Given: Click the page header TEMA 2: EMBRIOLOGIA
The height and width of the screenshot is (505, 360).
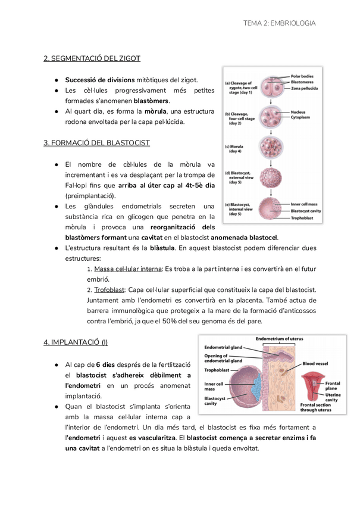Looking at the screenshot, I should [x=279, y=23].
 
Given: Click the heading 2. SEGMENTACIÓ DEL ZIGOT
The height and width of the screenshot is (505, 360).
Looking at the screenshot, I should [x=92, y=58].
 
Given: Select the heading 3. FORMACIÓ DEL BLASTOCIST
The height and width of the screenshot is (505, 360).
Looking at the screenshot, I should [x=96, y=143].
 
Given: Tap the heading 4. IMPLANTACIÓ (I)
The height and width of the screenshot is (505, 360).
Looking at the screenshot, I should [x=76, y=342].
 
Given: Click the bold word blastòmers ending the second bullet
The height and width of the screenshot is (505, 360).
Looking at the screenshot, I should [x=152, y=101].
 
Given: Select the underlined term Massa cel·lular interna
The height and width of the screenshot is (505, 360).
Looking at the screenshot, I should [x=127, y=269].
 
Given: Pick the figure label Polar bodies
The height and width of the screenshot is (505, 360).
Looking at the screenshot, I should [x=304, y=76].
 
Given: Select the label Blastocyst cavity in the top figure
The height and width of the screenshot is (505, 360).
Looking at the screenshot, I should [x=306, y=211].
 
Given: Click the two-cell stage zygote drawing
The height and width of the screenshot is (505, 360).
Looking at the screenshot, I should [x=271, y=87].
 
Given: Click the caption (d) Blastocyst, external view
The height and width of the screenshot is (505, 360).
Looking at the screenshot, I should [x=240, y=177].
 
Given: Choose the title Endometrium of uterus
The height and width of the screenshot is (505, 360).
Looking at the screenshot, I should [x=279, y=338].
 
